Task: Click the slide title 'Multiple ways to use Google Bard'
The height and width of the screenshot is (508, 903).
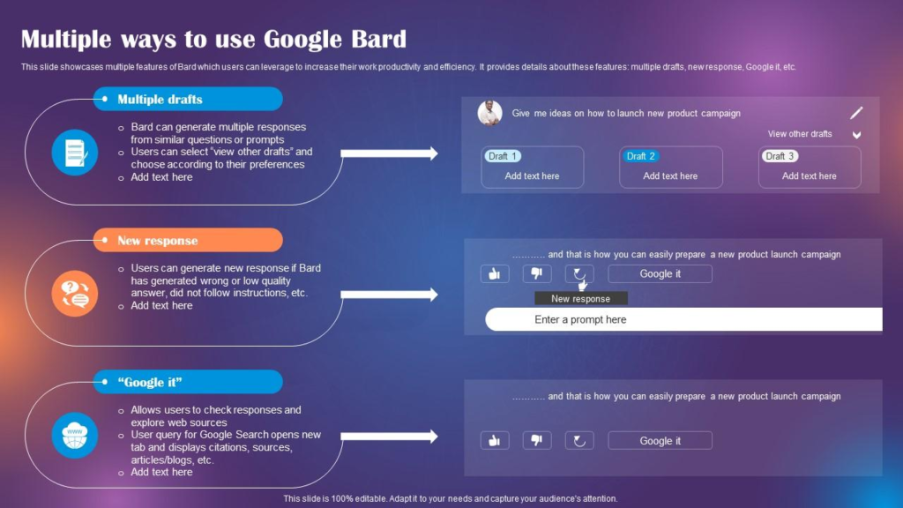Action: (213, 39)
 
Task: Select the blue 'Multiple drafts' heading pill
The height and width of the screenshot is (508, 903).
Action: (188, 99)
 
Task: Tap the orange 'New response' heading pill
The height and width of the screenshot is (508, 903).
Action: (188, 240)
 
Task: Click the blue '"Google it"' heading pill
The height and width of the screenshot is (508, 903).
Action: (188, 382)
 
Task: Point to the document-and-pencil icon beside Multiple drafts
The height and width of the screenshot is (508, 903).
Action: (74, 153)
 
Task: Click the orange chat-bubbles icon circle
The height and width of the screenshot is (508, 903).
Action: (74, 294)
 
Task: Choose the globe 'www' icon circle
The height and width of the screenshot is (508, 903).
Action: (74, 436)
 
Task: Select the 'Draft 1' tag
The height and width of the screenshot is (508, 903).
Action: (503, 156)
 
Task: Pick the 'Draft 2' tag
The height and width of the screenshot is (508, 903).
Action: (641, 156)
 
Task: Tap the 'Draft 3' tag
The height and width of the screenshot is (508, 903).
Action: (780, 156)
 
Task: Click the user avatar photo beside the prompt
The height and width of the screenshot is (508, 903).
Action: (490, 113)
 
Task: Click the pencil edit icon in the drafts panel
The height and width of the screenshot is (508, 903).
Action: (856, 113)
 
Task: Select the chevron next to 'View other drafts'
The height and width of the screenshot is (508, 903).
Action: (855, 135)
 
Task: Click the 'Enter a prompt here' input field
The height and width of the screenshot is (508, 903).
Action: (683, 319)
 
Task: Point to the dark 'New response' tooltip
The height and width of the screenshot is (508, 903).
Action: (580, 299)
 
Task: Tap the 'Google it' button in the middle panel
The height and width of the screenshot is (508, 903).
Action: (660, 273)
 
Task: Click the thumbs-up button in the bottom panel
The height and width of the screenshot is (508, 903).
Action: (495, 440)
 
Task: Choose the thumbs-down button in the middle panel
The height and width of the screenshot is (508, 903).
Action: (537, 273)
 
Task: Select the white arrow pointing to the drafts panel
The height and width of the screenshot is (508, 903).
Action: (389, 153)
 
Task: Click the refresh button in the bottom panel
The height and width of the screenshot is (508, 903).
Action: (579, 440)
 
